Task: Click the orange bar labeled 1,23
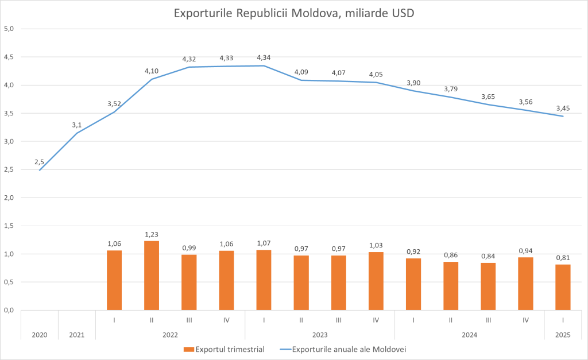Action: (x=152, y=276)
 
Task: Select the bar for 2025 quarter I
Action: (x=563, y=287)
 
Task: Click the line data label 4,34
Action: (x=264, y=57)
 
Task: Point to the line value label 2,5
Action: (x=40, y=162)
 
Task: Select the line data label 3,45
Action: (x=563, y=108)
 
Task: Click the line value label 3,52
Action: (x=114, y=104)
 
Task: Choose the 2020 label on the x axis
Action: (x=40, y=334)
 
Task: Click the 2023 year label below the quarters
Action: (x=320, y=334)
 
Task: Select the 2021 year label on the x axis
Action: (x=77, y=334)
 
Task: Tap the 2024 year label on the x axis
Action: (x=469, y=334)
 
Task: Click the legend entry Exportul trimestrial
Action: (x=230, y=349)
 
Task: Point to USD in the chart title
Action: (x=402, y=13)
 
